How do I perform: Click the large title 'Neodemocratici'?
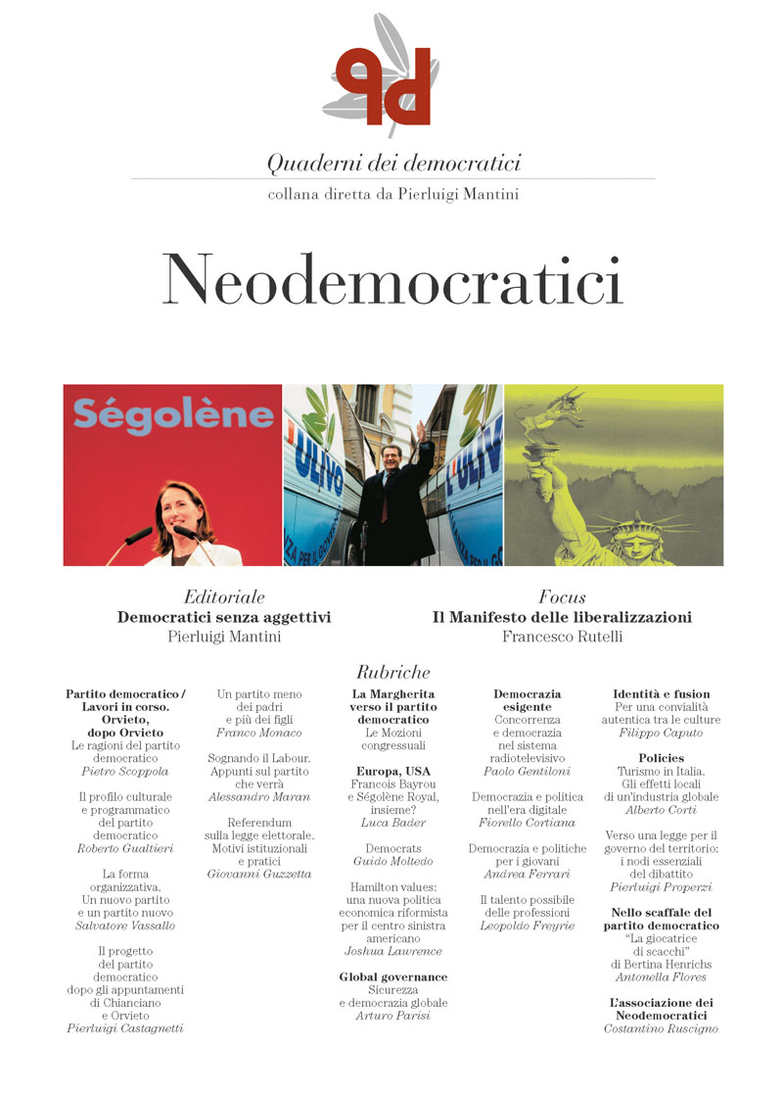pos(392,281)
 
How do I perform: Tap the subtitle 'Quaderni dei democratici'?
pos(393,162)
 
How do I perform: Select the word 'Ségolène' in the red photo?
pos(172,414)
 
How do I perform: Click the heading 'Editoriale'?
pos(224,596)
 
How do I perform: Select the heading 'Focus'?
pos(562,596)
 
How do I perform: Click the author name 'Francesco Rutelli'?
pos(562,637)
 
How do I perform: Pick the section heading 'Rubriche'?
pos(392,672)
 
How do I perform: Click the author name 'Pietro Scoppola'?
pos(125,772)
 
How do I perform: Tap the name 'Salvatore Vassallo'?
pos(125,926)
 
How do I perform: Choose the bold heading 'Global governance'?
pos(392,976)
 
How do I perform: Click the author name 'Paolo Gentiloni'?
pos(528,772)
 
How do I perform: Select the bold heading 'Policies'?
pos(662,758)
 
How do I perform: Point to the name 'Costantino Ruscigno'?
pos(661,1028)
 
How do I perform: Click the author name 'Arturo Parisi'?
pos(392,1016)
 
